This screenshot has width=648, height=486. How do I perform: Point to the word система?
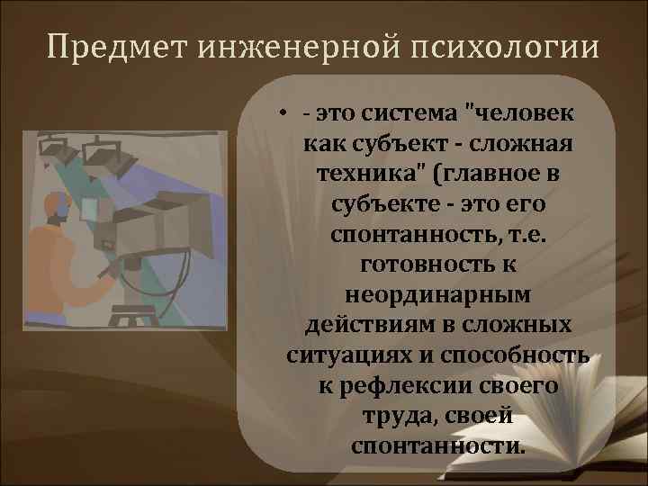(x=395, y=115)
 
